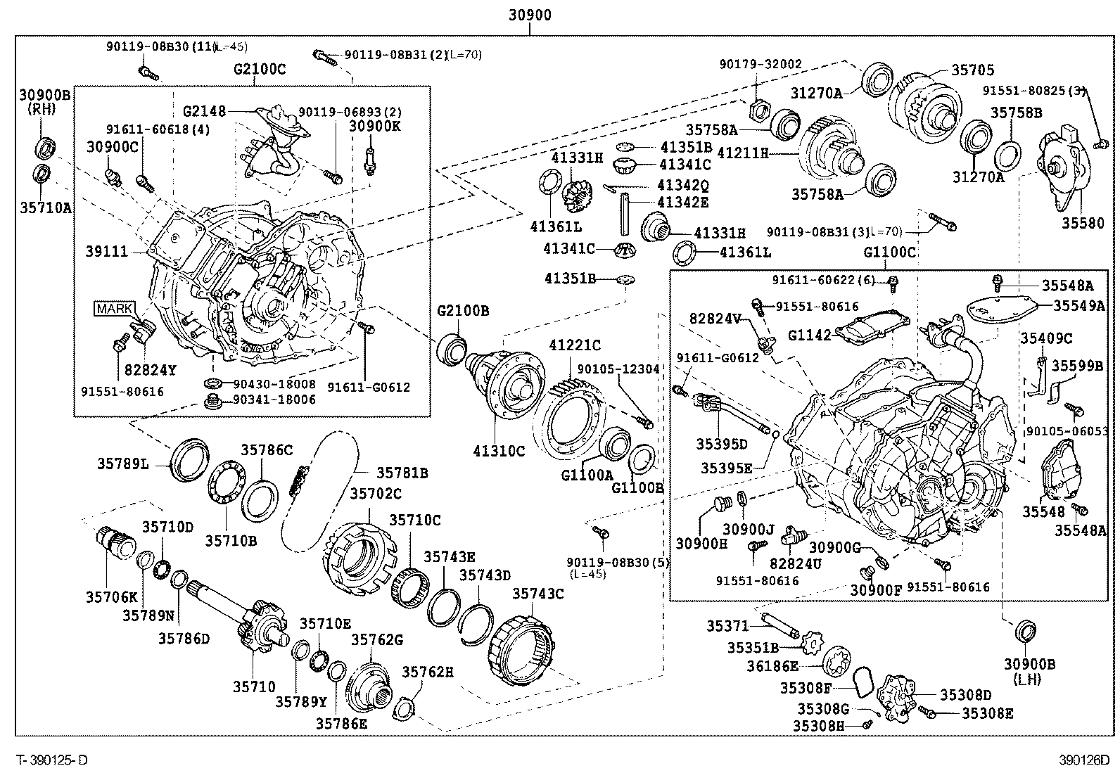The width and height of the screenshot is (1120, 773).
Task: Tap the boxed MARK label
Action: [x=113, y=308]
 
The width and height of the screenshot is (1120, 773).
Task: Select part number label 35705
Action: [x=973, y=70]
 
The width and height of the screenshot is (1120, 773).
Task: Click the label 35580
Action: [x=1083, y=224]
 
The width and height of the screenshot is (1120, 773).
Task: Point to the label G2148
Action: [x=204, y=111]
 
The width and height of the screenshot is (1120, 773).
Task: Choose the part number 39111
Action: [x=107, y=251]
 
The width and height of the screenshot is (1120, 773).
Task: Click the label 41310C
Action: [x=499, y=452]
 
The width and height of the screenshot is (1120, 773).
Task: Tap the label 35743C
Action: [x=537, y=594]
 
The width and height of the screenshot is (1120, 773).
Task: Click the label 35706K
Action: [x=112, y=597]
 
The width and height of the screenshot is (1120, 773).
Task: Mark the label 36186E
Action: [x=772, y=665]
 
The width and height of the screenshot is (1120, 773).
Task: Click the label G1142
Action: [x=809, y=335]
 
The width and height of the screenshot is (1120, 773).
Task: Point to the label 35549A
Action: [x=1078, y=305]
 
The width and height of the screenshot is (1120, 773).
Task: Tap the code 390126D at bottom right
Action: [x=1084, y=760]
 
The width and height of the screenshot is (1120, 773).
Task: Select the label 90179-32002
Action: [x=760, y=64]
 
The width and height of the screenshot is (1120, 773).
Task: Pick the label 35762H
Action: [x=427, y=672]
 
